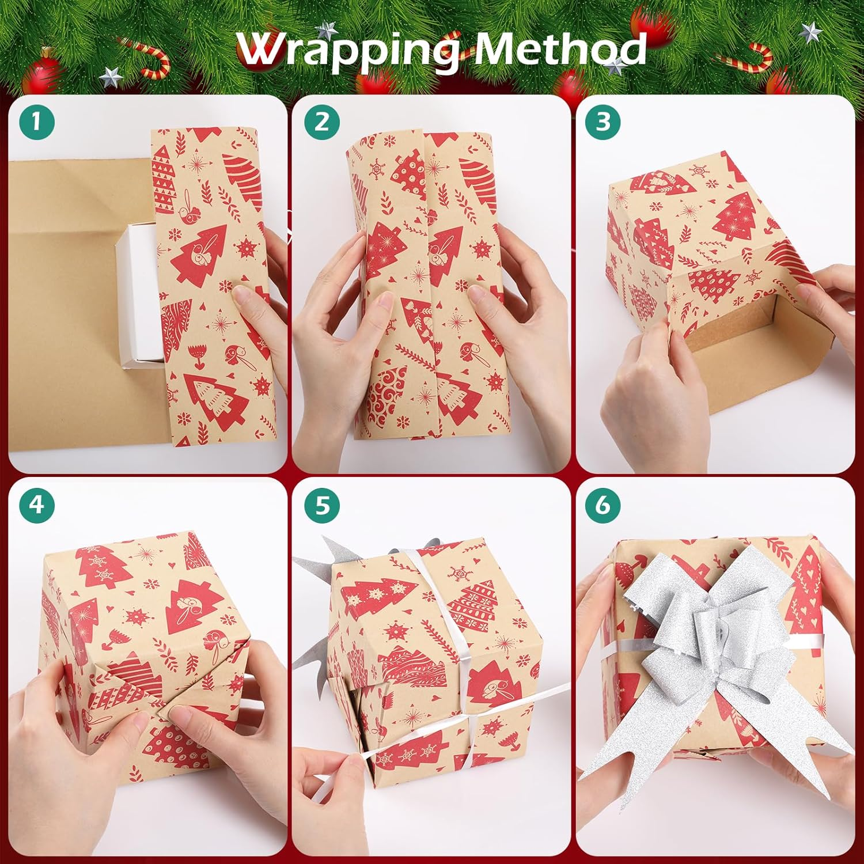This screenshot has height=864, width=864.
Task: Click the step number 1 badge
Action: [36, 122]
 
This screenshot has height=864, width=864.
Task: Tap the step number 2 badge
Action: [321, 122]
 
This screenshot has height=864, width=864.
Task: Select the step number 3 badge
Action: [602, 122]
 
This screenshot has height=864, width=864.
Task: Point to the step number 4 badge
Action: [36, 505]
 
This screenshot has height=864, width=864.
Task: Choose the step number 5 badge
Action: [321, 505]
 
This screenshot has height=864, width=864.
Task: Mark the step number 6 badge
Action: [602, 505]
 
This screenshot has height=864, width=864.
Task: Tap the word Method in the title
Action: [559, 50]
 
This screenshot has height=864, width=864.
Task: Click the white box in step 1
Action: [138, 294]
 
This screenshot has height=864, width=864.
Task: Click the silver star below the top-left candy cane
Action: [109, 77]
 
